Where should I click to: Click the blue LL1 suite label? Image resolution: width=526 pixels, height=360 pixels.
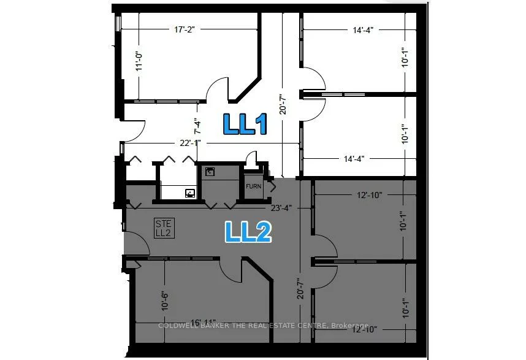(245, 124)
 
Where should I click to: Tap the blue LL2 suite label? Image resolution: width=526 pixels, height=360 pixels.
(248, 232)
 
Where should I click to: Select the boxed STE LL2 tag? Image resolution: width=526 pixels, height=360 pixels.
(165, 228)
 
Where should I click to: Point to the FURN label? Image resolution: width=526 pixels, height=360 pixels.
(254, 186)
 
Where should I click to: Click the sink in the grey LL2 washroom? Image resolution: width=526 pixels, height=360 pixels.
(190, 193)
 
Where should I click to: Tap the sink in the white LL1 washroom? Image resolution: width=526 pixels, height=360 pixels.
(210, 172)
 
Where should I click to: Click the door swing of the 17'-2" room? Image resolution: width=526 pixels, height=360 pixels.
(218, 91)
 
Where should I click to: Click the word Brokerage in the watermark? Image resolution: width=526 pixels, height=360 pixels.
(350, 326)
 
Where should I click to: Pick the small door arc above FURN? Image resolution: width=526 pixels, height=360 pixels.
(251, 158)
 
